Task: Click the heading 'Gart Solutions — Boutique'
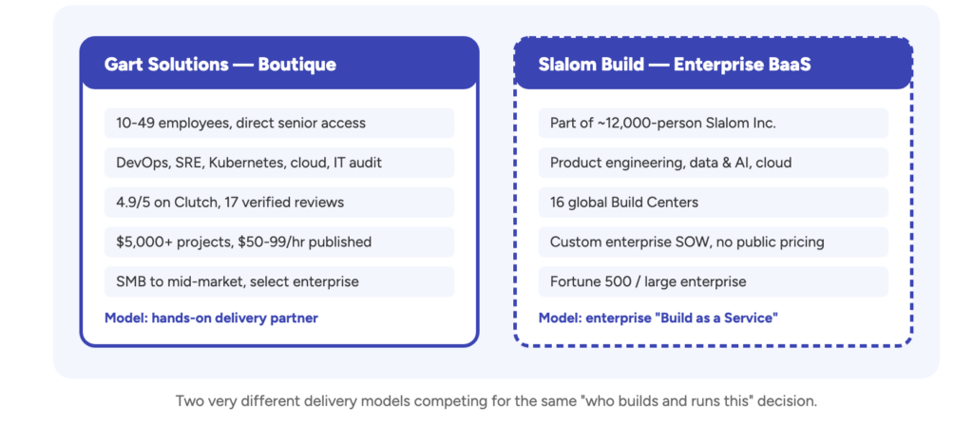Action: point(220,64)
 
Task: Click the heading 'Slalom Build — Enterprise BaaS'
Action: point(675,64)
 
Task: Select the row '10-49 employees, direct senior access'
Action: point(279,123)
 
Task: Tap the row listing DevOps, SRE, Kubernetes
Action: point(279,163)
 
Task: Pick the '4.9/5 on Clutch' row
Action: point(279,203)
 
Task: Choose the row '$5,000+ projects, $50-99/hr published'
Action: point(279,243)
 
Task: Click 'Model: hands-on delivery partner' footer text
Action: point(211,319)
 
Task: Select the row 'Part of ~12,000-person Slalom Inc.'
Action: point(713,123)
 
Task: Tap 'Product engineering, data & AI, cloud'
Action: point(713,163)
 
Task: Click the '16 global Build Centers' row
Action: point(713,203)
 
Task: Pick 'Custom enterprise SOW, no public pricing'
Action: point(713,243)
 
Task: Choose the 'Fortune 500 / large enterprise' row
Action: point(713,281)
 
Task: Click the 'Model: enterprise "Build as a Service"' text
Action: point(658,319)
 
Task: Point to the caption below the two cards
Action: point(496,401)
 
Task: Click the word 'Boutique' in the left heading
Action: point(297,64)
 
